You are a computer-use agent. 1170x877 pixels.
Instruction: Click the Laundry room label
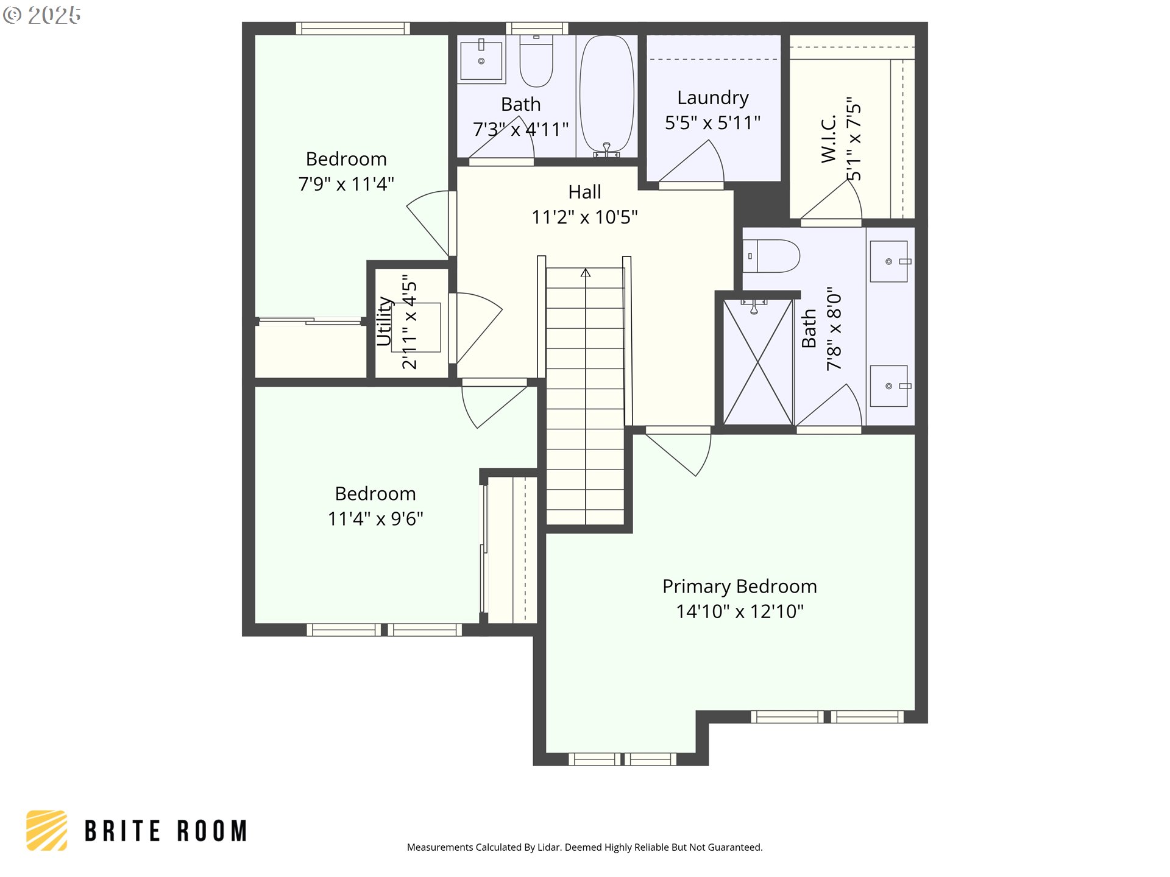(x=712, y=97)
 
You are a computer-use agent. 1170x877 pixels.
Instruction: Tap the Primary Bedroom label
(x=739, y=586)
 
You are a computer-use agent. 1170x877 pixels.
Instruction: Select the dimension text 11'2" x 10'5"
(x=584, y=217)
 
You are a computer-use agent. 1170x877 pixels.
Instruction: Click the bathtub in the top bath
(x=606, y=94)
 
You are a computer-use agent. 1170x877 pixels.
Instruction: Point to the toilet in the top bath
(x=536, y=61)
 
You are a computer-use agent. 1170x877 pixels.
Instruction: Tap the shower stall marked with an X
(x=757, y=362)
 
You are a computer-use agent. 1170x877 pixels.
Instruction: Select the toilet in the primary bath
(x=771, y=256)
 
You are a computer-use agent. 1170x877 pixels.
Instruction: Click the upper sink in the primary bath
(x=888, y=261)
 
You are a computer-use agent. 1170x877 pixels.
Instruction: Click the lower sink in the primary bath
(x=888, y=386)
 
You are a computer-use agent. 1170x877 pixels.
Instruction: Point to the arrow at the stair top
(x=586, y=273)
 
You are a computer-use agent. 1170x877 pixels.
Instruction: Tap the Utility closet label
(x=384, y=321)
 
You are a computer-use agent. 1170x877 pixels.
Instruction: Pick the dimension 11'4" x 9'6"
(x=375, y=519)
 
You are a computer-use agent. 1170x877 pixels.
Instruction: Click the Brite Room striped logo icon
(x=47, y=830)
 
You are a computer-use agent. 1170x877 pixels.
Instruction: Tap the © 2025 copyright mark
(x=41, y=15)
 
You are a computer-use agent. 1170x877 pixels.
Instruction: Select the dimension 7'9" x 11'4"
(x=346, y=184)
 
